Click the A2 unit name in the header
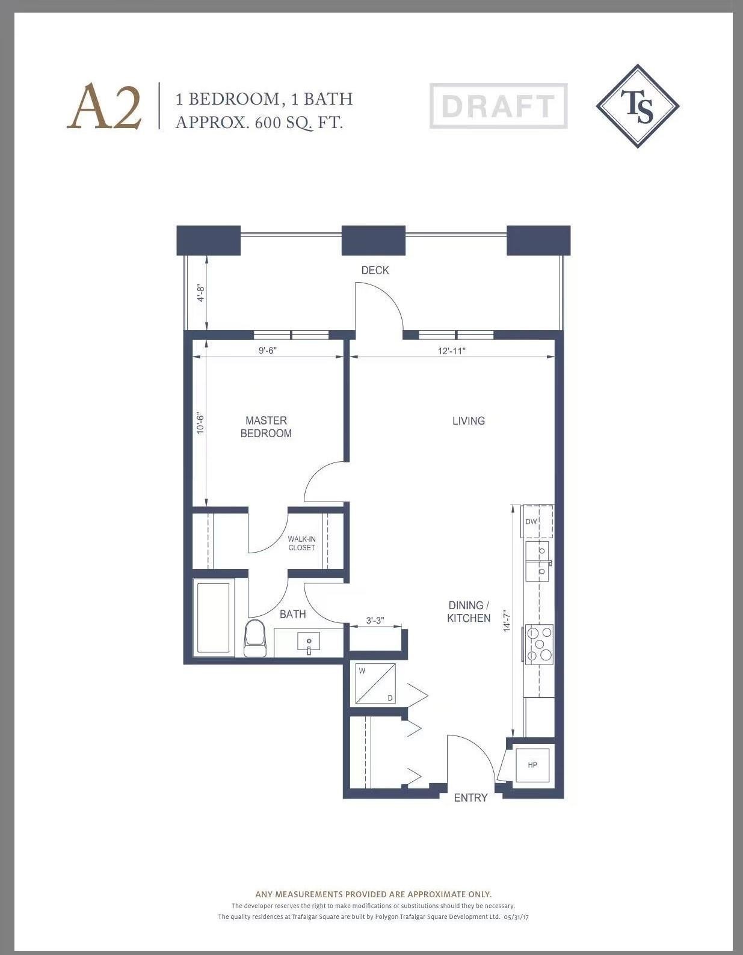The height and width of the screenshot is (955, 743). pos(105,107)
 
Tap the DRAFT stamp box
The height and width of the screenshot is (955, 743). pos(498,106)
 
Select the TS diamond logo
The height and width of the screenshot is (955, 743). pos(638,106)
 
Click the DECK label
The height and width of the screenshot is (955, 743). pos(375,270)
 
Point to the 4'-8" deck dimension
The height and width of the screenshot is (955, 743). pos(201,293)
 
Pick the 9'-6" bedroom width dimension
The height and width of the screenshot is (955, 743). pos(267,350)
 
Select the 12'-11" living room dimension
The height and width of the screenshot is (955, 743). pos(451,351)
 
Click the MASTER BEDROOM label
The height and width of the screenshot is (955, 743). pos(266,427)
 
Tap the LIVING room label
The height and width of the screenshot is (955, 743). pos(469,420)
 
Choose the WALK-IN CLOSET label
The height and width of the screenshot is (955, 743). pos(301,543)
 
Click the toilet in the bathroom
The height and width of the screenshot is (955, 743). pos(256,639)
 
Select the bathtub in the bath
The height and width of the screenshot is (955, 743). pos(213,618)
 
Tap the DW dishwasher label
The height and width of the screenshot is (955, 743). pos(531,521)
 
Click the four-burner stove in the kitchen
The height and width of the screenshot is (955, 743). pos(540,644)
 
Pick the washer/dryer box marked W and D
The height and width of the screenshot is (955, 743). pos(375,683)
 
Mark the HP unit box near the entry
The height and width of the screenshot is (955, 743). pos(532,765)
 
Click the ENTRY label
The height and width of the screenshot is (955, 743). pos(470,797)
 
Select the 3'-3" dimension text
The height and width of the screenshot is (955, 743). pos(375,620)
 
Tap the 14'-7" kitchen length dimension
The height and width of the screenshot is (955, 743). pos(507,621)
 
